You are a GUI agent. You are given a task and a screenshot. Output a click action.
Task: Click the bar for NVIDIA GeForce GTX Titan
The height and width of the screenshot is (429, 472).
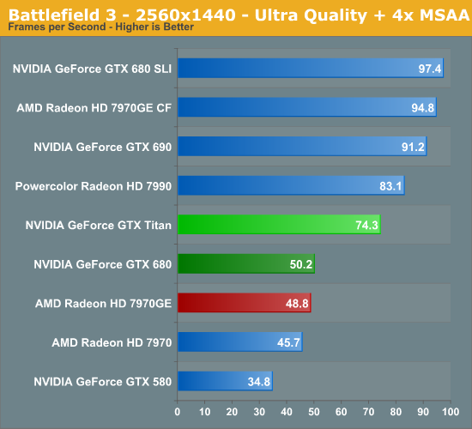(278, 225)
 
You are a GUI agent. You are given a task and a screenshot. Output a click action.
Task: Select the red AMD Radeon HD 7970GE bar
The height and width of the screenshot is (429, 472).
(244, 303)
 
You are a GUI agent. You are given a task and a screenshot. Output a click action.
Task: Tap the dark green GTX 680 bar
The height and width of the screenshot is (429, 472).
(245, 264)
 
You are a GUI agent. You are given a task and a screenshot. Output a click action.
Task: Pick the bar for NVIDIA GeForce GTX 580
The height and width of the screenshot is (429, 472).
(225, 381)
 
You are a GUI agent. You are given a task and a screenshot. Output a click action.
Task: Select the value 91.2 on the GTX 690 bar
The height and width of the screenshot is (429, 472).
(413, 148)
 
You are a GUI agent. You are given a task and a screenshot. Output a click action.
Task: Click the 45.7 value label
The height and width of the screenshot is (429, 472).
(288, 342)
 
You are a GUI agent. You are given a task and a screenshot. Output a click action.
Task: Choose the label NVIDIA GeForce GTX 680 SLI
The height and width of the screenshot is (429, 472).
(92, 69)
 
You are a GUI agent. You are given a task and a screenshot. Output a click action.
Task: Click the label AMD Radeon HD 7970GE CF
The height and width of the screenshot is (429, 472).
(94, 108)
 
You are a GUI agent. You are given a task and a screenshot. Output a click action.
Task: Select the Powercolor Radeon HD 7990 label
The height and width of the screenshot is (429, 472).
(94, 185)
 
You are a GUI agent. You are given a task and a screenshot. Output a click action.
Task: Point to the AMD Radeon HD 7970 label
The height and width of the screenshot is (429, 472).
(112, 341)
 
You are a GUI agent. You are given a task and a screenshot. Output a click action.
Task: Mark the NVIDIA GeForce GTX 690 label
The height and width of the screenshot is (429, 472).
(102, 147)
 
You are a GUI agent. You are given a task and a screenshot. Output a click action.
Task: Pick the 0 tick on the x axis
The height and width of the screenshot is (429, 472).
(178, 409)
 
